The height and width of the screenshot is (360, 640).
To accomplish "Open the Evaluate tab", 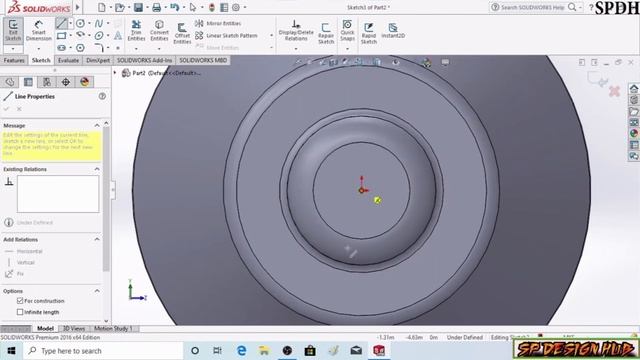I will (68, 60).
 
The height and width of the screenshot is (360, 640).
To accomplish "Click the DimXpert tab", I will (98, 60).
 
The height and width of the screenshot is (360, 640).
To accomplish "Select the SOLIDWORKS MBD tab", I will (203, 60).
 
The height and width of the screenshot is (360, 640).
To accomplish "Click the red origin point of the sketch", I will (362, 189).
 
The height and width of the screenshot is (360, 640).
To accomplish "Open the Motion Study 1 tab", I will (112, 328).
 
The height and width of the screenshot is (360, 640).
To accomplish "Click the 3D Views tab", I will (74, 328).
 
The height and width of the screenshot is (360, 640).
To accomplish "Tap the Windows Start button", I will (9, 351).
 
